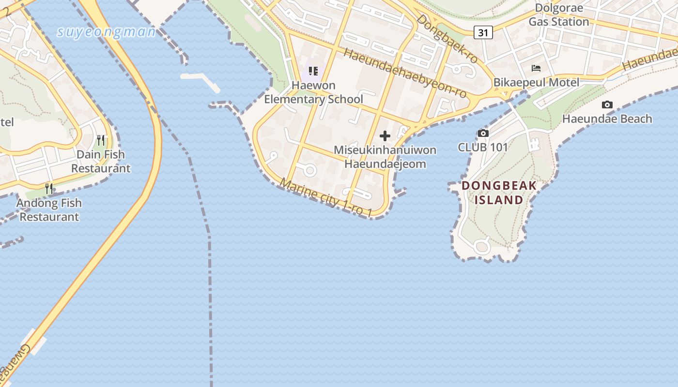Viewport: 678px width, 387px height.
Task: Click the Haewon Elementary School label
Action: click(313, 92)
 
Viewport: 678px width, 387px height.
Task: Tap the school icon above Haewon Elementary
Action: click(313, 71)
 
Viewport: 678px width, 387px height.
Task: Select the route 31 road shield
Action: click(483, 32)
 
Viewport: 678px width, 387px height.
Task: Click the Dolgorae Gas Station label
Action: click(558, 15)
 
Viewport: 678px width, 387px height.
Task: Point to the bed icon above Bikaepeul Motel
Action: click(536, 68)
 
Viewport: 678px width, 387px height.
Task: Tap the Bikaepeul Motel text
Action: click(536, 82)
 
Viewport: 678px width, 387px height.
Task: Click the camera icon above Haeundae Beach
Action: click(607, 104)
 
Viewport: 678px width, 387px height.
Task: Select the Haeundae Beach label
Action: click(607, 119)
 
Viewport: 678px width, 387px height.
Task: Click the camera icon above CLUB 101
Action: click(483, 133)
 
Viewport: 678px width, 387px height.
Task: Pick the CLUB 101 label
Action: click(483, 148)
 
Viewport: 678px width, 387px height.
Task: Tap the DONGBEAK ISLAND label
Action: click(499, 193)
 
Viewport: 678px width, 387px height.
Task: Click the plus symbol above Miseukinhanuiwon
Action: click(385, 136)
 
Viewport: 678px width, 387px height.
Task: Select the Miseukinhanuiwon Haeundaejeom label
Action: click(385, 157)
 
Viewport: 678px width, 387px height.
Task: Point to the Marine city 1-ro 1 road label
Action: click(326, 198)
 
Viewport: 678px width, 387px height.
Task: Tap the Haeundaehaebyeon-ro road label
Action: click(406, 74)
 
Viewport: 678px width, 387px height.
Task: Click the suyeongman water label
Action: click(106, 32)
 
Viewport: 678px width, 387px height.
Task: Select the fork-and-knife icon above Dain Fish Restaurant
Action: click(101, 140)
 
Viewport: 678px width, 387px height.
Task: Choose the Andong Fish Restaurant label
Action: click(49, 210)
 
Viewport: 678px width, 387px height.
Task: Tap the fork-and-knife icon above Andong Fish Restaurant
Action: click(49, 189)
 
